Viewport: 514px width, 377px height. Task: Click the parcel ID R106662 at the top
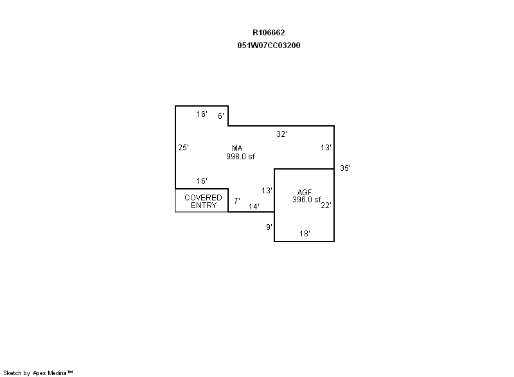269,32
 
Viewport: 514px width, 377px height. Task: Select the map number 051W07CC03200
269,45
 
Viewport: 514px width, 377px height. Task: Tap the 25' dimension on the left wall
183,147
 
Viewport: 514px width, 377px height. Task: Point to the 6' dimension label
221,116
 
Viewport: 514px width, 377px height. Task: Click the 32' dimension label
281,134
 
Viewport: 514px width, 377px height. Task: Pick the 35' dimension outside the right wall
345,168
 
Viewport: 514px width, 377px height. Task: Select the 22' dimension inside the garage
326,205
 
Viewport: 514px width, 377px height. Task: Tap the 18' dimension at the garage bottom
305,233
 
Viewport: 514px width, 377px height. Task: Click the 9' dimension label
269,227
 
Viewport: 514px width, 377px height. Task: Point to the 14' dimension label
254,206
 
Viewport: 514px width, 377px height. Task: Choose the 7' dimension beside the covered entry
236,200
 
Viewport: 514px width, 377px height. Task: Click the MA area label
237,148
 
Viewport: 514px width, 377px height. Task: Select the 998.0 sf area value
240,156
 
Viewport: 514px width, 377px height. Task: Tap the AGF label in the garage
304,192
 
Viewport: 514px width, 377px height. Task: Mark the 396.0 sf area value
306,200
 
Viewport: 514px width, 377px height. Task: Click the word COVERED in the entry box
203,198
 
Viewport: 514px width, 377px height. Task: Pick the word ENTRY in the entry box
204,205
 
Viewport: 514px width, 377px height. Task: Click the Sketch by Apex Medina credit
38,373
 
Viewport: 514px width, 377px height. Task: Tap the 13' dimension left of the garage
267,190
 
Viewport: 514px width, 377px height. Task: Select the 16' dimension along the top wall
202,114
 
